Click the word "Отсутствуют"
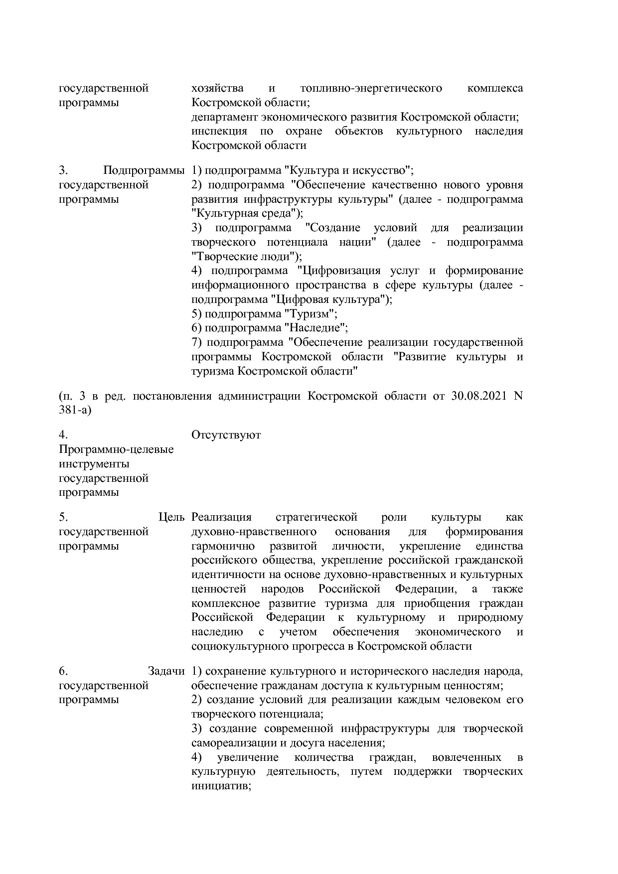(x=226, y=435)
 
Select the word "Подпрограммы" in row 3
(x=144, y=170)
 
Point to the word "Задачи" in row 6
(x=166, y=671)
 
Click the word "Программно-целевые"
(x=116, y=449)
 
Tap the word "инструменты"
(x=94, y=464)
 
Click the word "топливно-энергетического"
(x=371, y=88)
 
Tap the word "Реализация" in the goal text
(x=221, y=517)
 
